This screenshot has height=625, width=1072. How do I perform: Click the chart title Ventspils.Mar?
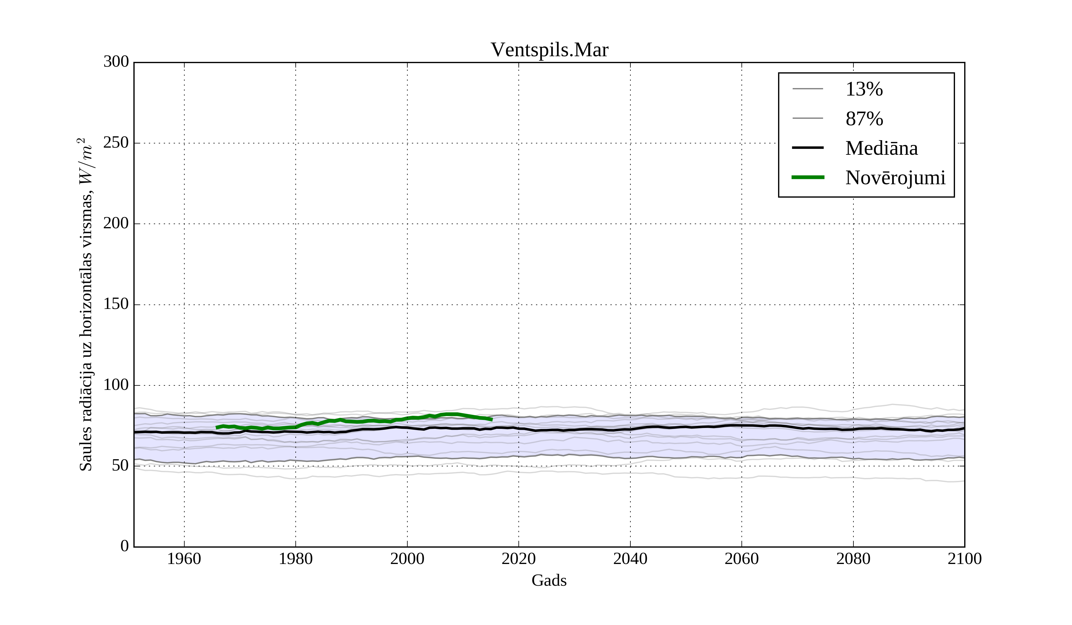pyautogui.click(x=549, y=50)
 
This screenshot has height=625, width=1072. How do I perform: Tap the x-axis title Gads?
pyautogui.click(x=549, y=581)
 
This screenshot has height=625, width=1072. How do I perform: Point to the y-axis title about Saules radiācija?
pyautogui.click(x=85, y=304)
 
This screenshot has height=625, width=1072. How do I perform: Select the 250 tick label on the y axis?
pyautogui.click(x=116, y=143)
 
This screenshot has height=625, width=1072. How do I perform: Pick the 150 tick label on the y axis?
pyautogui.click(x=116, y=304)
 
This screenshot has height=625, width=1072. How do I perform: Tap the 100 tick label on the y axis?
pyautogui.click(x=116, y=385)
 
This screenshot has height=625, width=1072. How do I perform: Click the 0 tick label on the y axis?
pyautogui.click(x=125, y=546)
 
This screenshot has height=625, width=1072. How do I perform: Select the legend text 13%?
pyautogui.click(x=864, y=89)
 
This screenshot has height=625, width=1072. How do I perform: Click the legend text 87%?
pyautogui.click(x=864, y=119)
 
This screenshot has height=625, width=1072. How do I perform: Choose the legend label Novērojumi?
pyautogui.click(x=895, y=178)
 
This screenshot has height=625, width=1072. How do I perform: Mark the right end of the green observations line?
pyautogui.click(x=491, y=420)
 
